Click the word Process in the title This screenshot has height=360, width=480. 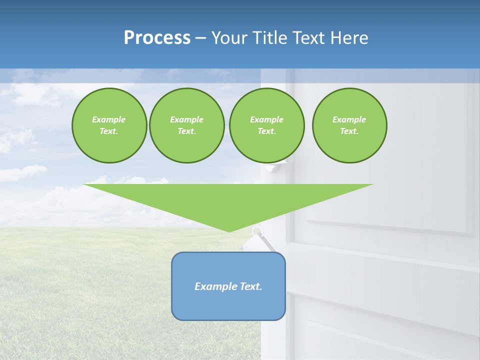coord(157,38)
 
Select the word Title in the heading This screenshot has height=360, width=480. coord(270,38)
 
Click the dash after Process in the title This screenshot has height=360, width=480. coord(201,38)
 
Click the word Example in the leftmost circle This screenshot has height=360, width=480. coord(109,119)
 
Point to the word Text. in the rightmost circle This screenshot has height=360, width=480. coord(349,131)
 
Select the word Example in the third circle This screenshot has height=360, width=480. coord(266,119)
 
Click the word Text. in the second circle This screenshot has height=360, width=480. coord(186,131)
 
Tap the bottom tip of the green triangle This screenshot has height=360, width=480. coord(229,230)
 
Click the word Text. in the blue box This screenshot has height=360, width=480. coord(251,286)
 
